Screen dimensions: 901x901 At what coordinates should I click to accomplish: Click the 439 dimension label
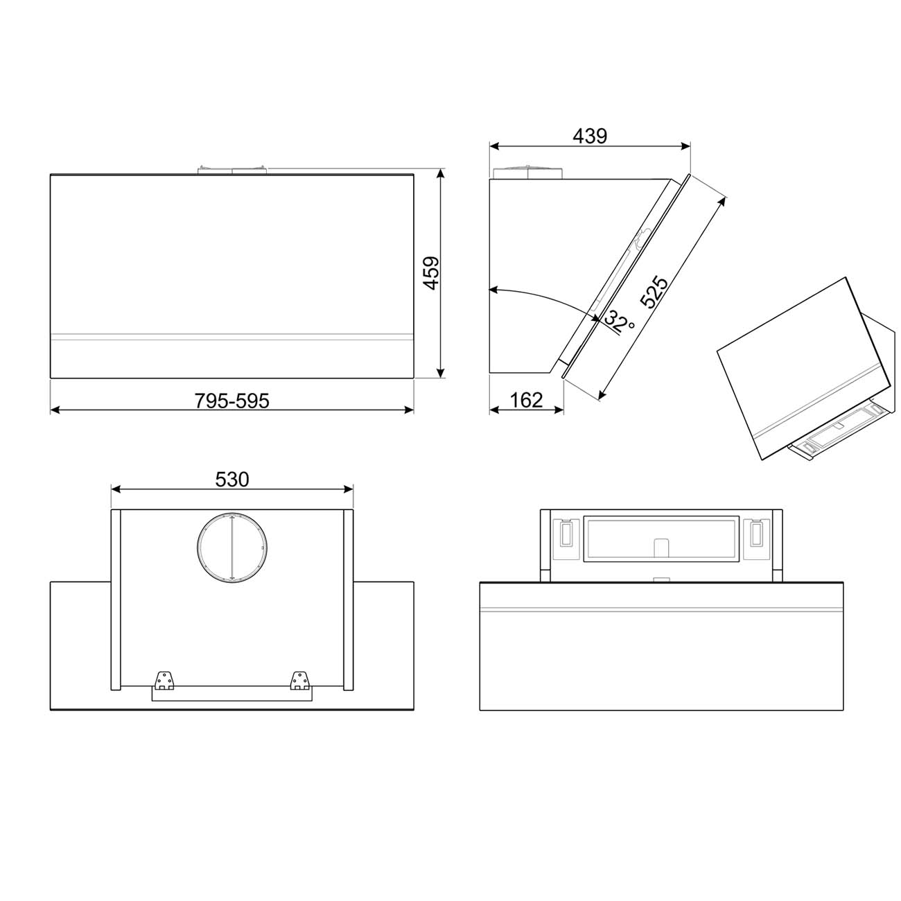coord(589,136)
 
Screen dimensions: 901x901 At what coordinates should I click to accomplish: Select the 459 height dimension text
coord(431,273)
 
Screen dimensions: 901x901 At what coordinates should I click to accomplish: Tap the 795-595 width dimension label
coord(231,401)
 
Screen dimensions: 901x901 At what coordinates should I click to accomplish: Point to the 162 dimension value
coord(526,400)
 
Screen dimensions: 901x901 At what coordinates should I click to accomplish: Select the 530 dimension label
coord(231,479)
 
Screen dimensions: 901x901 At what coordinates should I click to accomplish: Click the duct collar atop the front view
coord(231,170)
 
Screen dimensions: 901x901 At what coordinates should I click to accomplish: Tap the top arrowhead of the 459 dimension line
coord(440,173)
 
